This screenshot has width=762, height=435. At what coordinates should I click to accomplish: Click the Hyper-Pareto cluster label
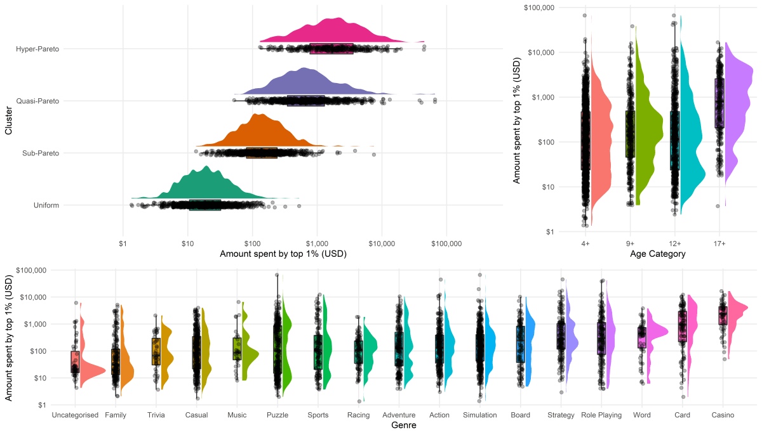(x=37, y=49)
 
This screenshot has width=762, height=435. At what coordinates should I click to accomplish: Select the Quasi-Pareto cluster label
(x=38, y=101)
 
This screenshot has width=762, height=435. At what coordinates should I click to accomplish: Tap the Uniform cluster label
(x=46, y=205)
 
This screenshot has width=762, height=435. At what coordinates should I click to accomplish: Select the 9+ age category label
(x=630, y=243)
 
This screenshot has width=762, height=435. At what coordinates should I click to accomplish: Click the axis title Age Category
(x=658, y=254)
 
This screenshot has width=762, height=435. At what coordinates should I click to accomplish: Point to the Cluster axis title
(x=9, y=124)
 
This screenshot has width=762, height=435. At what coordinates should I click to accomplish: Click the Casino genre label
(x=723, y=415)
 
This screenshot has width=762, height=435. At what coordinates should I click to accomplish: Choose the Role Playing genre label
(x=601, y=415)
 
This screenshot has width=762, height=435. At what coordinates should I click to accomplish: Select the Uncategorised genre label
(x=75, y=415)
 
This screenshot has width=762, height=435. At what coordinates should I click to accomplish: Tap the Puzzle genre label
(x=277, y=415)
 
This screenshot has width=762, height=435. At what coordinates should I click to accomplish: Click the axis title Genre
(x=404, y=425)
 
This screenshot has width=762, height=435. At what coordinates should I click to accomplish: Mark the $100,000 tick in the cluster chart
(x=446, y=243)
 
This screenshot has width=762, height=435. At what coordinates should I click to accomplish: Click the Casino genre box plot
(x=723, y=315)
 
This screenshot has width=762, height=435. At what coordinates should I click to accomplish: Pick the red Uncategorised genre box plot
(x=75, y=361)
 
